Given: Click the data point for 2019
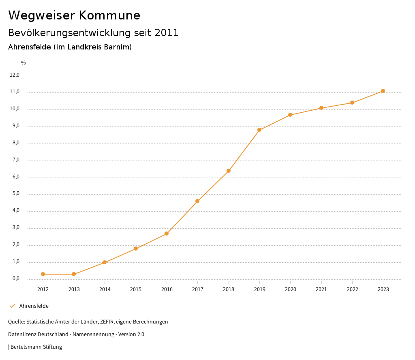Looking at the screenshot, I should tap(259, 130).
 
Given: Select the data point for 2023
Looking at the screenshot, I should tap(383, 91).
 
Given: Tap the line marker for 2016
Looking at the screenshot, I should tap(167, 234).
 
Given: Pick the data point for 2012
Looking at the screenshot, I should tap(43, 274).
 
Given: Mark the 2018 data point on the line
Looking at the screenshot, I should tap(229, 171).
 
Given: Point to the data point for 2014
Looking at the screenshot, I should tap(105, 262).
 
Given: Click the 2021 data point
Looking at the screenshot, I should tap(321, 108).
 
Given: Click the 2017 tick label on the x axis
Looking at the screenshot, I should tap(198, 289).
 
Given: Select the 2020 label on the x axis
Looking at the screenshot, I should tap(291, 289).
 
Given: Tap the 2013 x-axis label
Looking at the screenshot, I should tap(74, 289).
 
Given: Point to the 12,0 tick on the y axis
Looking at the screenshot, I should tap(15, 75).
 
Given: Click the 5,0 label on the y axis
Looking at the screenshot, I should tap(15, 194).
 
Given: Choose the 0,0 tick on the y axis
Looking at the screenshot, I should tap(15, 279).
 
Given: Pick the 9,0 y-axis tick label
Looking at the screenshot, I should tap(15, 126).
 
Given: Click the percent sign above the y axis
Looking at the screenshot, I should tap(24, 63).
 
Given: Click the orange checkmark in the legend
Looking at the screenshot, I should tap(12, 306).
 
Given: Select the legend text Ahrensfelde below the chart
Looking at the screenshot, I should tap(34, 306).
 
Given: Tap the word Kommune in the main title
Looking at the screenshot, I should tap(109, 15).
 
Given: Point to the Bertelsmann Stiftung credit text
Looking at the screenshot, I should tap(36, 347).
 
